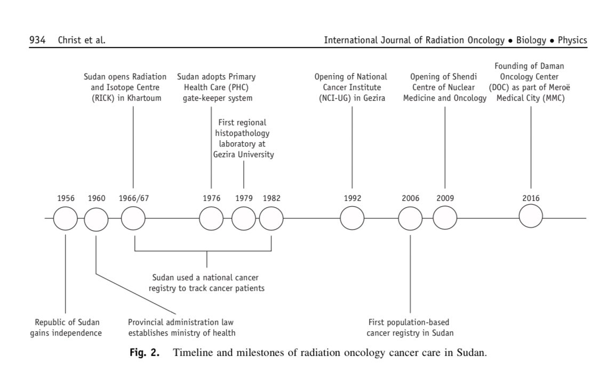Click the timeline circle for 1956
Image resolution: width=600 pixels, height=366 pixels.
[x=66, y=218]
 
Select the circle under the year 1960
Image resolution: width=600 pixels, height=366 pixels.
[x=96, y=218]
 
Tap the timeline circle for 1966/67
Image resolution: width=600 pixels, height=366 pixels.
[x=133, y=218]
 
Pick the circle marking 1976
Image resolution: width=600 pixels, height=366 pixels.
[x=211, y=218]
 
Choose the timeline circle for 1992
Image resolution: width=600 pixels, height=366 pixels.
[x=352, y=218]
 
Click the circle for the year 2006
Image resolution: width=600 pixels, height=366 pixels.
[x=410, y=218]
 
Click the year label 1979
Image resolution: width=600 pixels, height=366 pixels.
[x=244, y=198]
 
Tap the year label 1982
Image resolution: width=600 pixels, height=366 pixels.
[x=271, y=198]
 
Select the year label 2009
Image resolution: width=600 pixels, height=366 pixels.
[x=445, y=198]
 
